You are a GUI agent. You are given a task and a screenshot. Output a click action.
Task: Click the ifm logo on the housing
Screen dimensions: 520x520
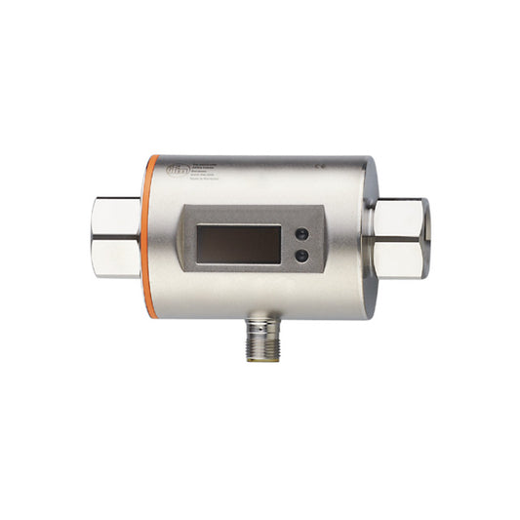(x=172, y=171)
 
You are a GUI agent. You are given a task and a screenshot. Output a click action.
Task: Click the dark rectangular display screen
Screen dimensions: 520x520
(x=238, y=244)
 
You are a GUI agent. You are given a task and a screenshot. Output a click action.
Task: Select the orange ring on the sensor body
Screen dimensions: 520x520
(x=150, y=234)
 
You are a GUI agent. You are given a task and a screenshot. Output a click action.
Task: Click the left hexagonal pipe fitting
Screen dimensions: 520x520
(x=117, y=235)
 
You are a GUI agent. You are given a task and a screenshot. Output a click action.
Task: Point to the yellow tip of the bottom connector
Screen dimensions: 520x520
(x=262, y=358)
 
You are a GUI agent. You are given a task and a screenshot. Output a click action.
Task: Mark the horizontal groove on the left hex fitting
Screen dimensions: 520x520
(x=116, y=235)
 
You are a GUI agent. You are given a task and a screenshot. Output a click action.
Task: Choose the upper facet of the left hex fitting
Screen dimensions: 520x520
(x=118, y=212)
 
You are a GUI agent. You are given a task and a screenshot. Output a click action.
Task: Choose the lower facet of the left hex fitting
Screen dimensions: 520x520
(x=118, y=258)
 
